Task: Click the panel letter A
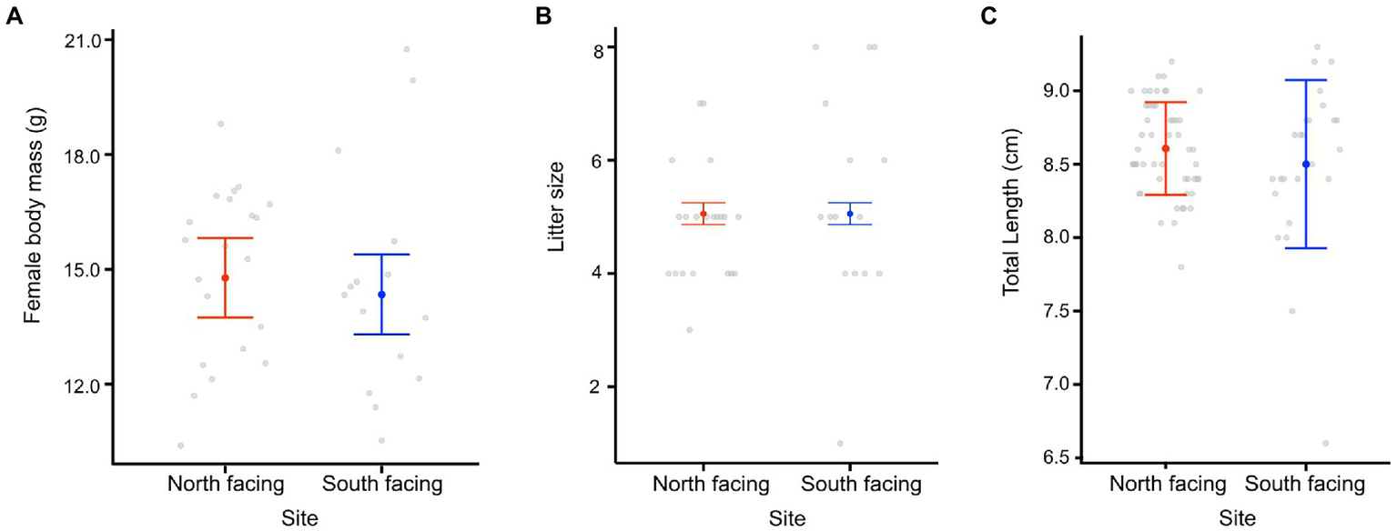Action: (15, 16)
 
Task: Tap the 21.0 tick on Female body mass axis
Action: (78, 40)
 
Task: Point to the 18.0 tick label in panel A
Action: (78, 155)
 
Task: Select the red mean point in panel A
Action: (226, 278)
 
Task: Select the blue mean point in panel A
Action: (381, 295)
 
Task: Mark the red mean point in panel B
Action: (704, 214)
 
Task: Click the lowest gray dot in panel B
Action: (840, 444)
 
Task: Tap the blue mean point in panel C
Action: (1306, 165)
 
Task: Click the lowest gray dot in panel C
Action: (1325, 444)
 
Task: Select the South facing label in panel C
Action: (1305, 485)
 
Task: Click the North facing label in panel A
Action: (226, 485)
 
